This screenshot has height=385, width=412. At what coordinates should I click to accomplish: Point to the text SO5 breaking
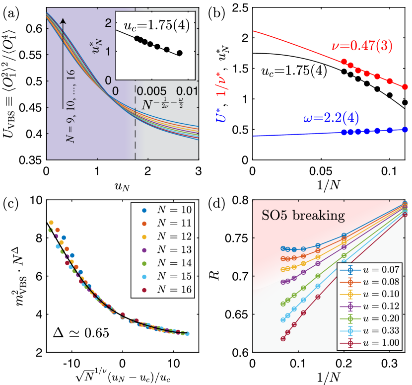296,217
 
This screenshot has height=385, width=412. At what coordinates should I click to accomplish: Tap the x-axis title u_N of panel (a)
123,185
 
